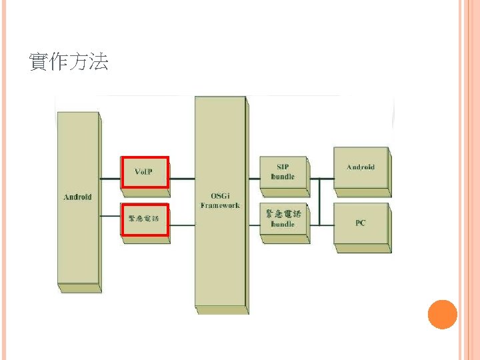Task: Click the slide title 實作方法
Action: [x=69, y=63]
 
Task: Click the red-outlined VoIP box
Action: [x=145, y=173]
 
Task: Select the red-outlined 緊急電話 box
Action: [x=145, y=219]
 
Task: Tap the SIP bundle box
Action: [x=283, y=172]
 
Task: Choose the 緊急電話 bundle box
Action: [x=283, y=219]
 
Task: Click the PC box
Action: [x=361, y=223]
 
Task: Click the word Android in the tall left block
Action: [x=77, y=197]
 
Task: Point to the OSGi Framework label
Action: [x=220, y=201]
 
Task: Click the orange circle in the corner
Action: [x=442, y=314]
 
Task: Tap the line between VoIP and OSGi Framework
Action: [x=181, y=179]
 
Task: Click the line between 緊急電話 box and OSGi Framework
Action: [x=181, y=225]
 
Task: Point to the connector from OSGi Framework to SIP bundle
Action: [x=254, y=179]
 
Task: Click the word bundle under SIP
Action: [x=283, y=177]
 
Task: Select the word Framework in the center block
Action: [x=220, y=205]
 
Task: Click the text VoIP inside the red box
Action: [x=143, y=172]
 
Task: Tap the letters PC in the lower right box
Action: [x=361, y=223]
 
